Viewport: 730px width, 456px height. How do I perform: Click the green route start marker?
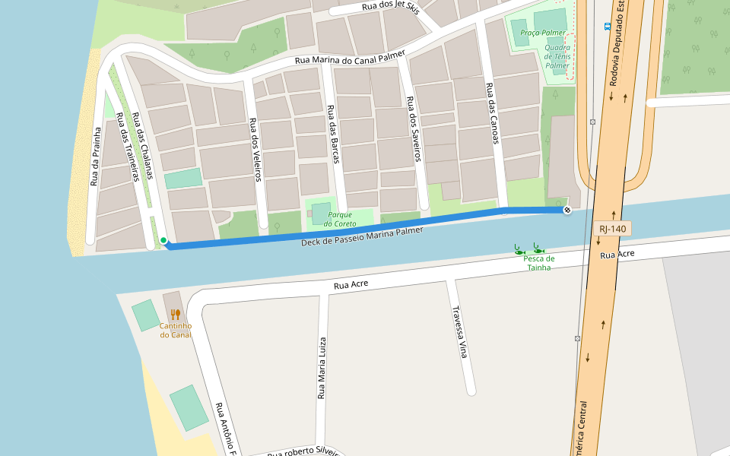(x=163, y=241)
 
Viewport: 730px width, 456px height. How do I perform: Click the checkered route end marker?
(x=567, y=210)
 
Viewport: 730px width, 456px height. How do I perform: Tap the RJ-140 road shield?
(x=612, y=228)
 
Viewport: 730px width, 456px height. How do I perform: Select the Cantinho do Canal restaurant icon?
(x=175, y=314)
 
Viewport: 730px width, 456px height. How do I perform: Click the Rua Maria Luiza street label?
(x=322, y=368)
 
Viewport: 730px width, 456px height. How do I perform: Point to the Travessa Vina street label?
(x=459, y=332)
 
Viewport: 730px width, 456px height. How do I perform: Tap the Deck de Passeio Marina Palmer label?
(x=362, y=236)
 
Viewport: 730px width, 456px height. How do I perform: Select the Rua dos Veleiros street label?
(x=255, y=149)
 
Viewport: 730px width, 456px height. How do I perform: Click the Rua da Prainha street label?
(x=96, y=157)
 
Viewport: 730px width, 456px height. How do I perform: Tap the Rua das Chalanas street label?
(x=143, y=146)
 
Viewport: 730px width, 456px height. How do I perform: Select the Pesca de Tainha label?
(x=538, y=263)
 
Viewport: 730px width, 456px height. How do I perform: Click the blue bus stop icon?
(x=607, y=26)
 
